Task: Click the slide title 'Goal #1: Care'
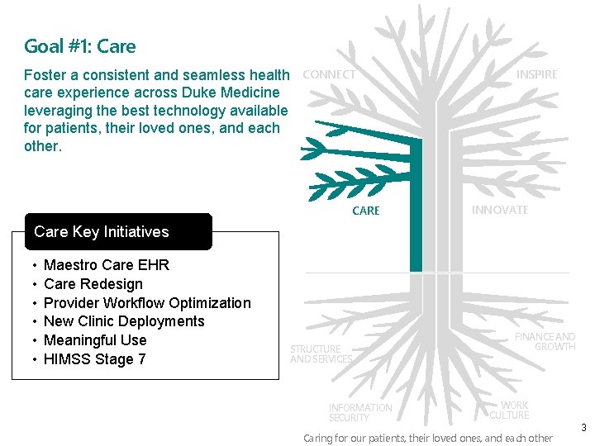pyautogui.click(x=80, y=46)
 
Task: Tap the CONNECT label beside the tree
pyautogui.click(x=330, y=74)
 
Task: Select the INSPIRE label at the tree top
pyautogui.click(x=536, y=74)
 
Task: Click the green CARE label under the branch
pyautogui.click(x=366, y=211)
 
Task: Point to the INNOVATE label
pyautogui.click(x=500, y=210)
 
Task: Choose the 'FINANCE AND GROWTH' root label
pyautogui.click(x=545, y=341)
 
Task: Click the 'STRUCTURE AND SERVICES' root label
pyautogui.click(x=321, y=353)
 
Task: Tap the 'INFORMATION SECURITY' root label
pyautogui.click(x=360, y=412)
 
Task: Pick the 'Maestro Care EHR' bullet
pyautogui.click(x=106, y=265)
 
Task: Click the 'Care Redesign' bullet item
pyautogui.click(x=93, y=284)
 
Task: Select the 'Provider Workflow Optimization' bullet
pyautogui.click(x=147, y=303)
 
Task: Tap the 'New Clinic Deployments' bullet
pyautogui.click(x=124, y=321)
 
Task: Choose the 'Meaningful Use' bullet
pyautogui.click(x=95, y=340)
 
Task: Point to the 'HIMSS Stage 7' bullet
pyautogui.click(x=94, y=358)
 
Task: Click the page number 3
pyautogui.click(x=583, y=428)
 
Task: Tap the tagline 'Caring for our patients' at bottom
pyautogui.click(x=428, y=438)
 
